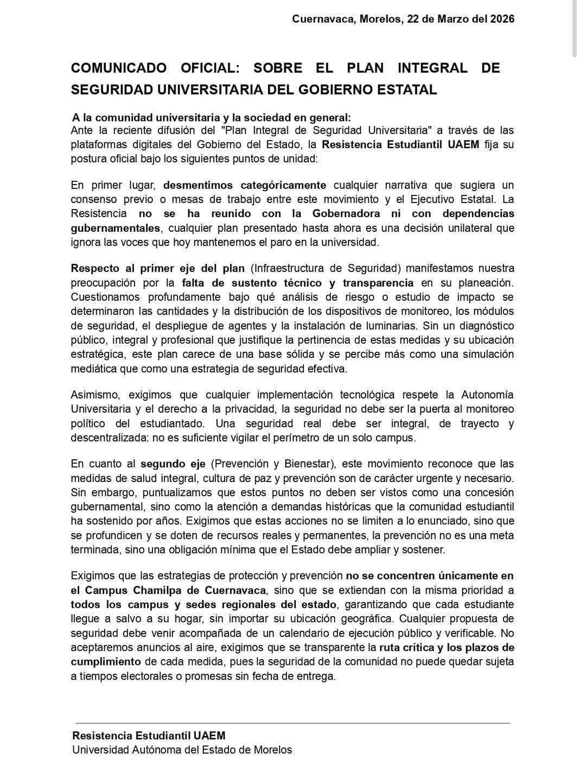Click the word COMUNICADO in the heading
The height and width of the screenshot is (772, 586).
(119, 68)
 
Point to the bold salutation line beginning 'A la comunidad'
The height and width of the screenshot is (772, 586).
(212, 117)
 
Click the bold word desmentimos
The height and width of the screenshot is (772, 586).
(199, 185)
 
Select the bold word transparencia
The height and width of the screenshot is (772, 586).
(378, 283)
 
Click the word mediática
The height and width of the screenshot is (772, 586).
(92, 369)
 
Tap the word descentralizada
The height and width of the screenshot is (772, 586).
(109, 438)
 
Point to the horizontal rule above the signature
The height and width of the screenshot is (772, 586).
(293, 723)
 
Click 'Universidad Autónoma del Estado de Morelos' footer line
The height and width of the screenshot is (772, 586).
(182, 750)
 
